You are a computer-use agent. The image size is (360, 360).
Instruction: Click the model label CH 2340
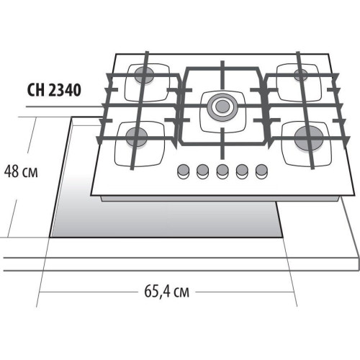[x=54, y=90]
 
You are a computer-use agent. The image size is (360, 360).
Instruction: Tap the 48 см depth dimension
[x=21, y=171]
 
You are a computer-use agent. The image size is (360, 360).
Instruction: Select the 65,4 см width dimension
[x=167, y=292]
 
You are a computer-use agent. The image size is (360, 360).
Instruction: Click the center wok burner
[x=222, y=107]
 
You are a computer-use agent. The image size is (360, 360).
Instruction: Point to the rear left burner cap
[x=144, y=75]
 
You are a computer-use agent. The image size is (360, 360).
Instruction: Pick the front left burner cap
[x=136, y=137]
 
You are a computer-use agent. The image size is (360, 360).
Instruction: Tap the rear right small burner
[x=301, y=75]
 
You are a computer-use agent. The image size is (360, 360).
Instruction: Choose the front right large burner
[x=309, y=138]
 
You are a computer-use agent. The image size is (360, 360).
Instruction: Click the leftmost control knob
[x=183, y=171]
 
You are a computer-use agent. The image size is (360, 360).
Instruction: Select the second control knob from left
[x=202, y=171]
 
